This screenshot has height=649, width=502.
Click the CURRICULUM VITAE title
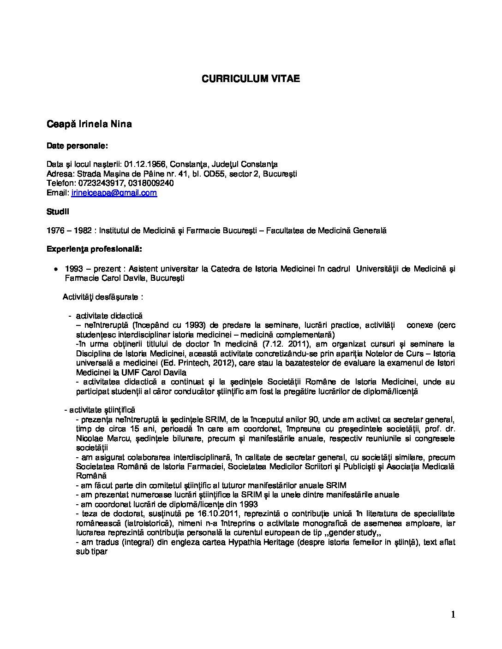251,79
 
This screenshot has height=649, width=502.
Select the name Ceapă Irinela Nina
89,124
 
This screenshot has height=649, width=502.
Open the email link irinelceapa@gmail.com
114,193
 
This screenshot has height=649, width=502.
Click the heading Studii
58,212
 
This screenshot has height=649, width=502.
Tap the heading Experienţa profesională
94,249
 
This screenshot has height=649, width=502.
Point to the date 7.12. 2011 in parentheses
287,344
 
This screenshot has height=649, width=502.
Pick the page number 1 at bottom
453,614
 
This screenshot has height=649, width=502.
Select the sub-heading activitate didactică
109,316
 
